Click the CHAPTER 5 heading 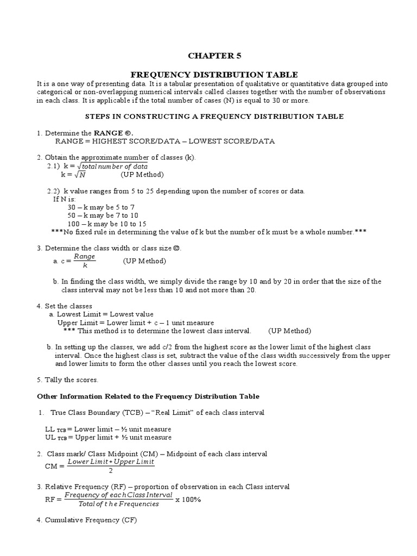pyautogui.click(x=213, y=55)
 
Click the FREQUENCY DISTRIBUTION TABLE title pyautogui.click(x=214, y=74)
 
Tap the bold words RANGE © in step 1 pyautogui.click(x=113, y=132)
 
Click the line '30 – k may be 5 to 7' pyautogui.click(x=100, y=207)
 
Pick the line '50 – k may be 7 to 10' pyautogui.click(x=103, y=215)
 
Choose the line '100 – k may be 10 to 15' pyautogui.click(x=106, y=224)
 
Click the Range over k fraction pyautogui.click(x=85, y=261)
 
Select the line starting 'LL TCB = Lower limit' pyautogui.click(x=108, y=429)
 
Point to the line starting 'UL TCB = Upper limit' pyautogui.click(x=108, y=437)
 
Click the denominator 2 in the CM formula pyautogui.click(x=111, y=470)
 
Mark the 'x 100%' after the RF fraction pyautogui.click(x=188, y=500)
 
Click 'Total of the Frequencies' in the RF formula pyautogui.click(x=119, y=504)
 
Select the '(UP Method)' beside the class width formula pyautogui.click(x=144, y=261)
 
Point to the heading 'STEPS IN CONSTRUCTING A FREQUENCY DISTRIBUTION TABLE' pyautogui.click(x=214, y=116)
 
